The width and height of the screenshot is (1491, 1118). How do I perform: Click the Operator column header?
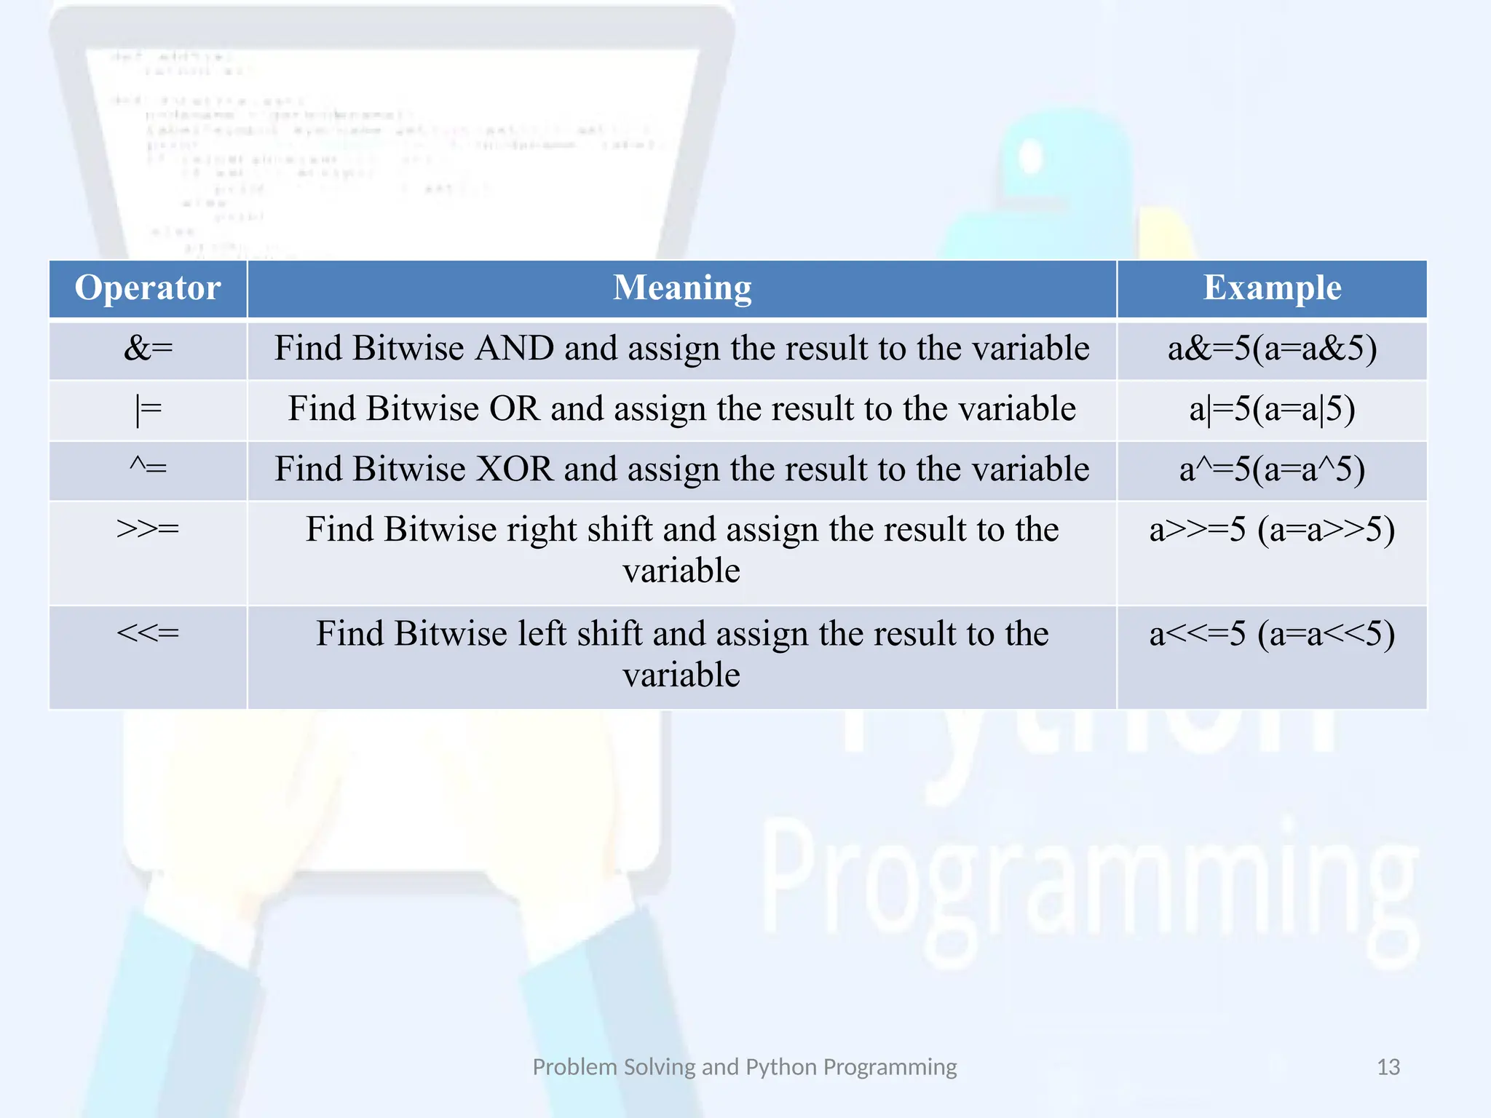148,288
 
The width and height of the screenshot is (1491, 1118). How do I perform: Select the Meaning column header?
682,288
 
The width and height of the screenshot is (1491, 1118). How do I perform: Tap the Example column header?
1272,288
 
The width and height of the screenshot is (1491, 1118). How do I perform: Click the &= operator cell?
148,349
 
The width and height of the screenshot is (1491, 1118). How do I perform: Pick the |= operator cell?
148,410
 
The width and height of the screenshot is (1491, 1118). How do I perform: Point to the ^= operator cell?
148,468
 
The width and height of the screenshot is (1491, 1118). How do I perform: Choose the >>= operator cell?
148,529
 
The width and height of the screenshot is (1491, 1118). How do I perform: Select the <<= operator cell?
148,633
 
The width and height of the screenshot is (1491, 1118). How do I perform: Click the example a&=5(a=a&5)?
1272,349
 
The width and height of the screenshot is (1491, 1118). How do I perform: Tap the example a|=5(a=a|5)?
1272,410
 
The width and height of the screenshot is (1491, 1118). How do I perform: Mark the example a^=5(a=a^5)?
1272,469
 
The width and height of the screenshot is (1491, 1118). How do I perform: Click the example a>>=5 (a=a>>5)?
1272,530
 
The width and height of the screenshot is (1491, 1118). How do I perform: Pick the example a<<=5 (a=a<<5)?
1272,634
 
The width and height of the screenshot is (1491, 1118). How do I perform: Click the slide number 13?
1388,1067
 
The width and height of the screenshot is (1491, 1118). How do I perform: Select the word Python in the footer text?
781,1067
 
